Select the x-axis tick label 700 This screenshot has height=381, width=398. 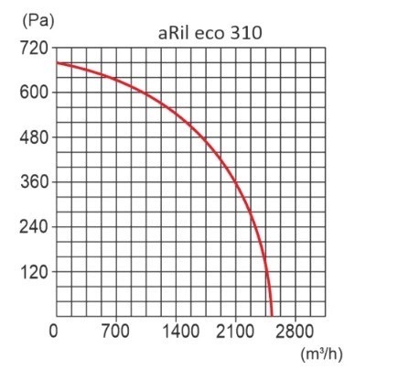pyautogui.click(x=115, y=332)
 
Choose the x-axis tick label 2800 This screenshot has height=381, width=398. pyautogui.click(x=298, y=332)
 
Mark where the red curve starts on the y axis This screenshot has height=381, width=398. pyautogui.click(x=55, y=62)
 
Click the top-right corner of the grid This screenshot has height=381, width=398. pyautogui.click(x=327, y=48)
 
